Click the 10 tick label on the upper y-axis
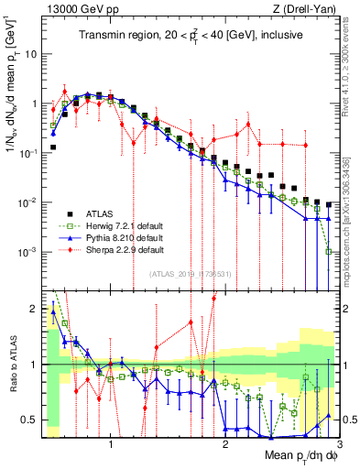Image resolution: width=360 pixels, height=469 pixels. [x=31, y=54]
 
